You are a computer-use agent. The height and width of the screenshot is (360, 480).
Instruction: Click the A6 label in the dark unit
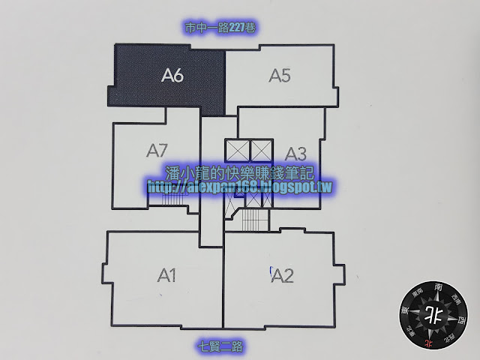click(172, 75)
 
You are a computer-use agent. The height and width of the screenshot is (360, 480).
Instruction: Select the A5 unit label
click(280, 75)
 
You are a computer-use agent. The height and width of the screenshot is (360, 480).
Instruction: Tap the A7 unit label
click(157, 150)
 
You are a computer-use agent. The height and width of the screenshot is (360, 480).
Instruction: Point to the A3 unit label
click(295, 154)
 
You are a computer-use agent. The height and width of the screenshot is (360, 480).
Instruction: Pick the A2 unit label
click(282, 276)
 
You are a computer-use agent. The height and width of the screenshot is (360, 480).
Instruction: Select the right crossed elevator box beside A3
click(259, 149)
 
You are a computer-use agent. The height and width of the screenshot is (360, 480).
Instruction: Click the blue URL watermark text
click(240, 186)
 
